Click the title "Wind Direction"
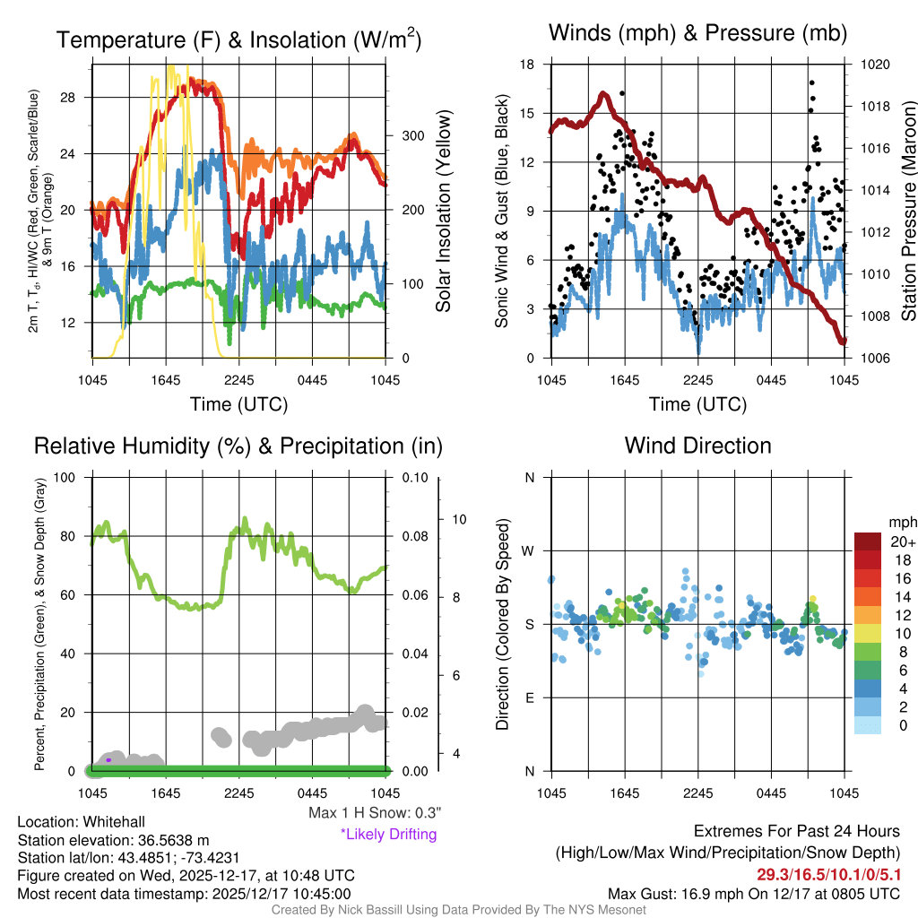click(697, 446)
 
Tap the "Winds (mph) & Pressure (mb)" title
click(697, 34)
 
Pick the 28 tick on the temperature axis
click(79, 97)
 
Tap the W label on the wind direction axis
click(529, 550)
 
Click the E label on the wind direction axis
click(529, 697)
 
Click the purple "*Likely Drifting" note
click(388, 834)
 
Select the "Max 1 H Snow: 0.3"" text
click(374, 813)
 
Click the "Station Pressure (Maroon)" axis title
click(907, 212)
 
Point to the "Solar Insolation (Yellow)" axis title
click(443, 212)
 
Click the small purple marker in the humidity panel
click(108, 759)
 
